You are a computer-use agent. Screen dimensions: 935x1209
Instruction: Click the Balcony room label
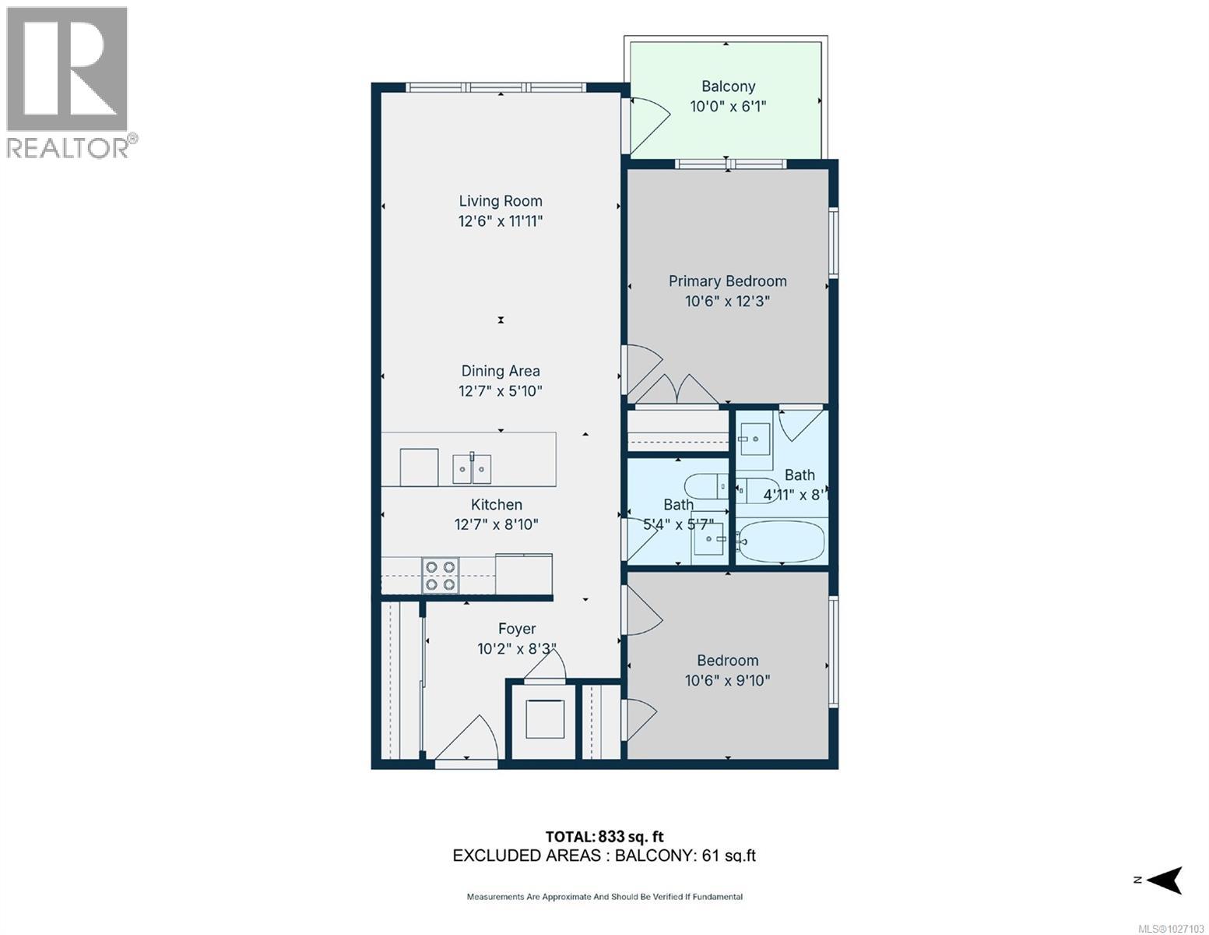tap(728, 86)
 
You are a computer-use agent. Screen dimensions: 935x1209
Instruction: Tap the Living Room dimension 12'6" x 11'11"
tap(500, 221)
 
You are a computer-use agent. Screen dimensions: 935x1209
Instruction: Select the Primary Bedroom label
tap(727, 281)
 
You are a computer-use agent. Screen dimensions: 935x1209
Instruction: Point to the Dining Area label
tap(500, 372)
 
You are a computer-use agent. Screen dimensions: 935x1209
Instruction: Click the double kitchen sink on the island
tap(472, 468)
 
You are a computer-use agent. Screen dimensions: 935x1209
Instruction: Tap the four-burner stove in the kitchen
tap(439, 576)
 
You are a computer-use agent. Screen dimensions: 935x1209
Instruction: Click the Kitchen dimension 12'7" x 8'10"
tap(496, 524)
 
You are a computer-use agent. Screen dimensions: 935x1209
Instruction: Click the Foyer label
tap(517, 629)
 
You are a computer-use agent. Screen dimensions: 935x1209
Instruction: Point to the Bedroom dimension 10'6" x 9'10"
tap(727, 680)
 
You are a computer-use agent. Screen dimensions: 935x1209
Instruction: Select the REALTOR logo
tap(69, 82)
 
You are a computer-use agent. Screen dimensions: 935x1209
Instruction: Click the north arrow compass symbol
tap(1164, 880)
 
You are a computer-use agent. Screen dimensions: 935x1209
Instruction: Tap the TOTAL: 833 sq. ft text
tap(604, 837)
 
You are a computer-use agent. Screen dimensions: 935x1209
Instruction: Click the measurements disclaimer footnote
tap(604, 897)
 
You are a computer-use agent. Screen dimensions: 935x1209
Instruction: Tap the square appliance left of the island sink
tap(419, 467)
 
